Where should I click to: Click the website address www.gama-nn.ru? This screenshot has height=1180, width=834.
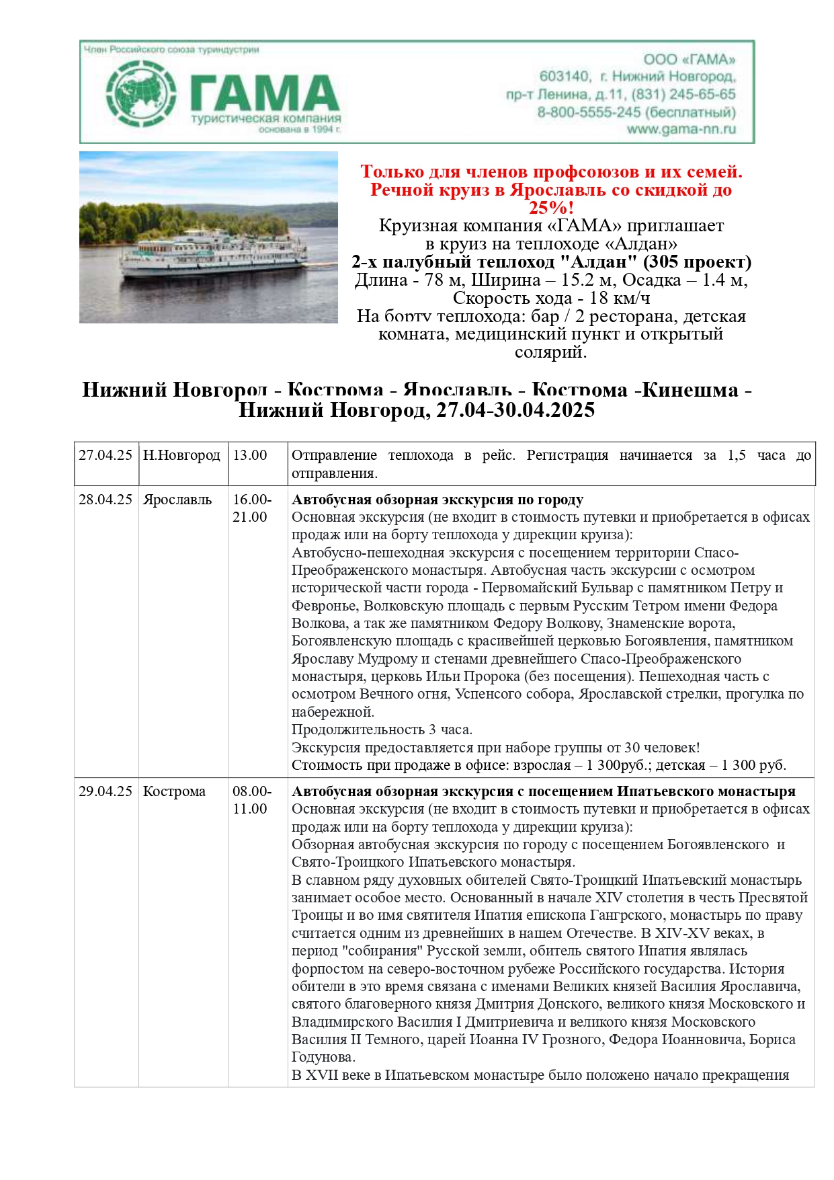(681, 129)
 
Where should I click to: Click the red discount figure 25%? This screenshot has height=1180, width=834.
(551, 208)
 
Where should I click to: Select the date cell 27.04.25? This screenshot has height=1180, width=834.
(106, 455)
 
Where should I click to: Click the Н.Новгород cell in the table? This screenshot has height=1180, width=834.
(181, 455)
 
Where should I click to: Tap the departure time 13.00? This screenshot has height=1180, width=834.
(250, 455)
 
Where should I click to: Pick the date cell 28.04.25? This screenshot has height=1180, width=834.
(106, 500)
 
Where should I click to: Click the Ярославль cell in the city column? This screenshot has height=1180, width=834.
(177, 500)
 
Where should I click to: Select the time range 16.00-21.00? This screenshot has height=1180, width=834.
(252, 508)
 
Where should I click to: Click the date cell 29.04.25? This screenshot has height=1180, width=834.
(106, 791)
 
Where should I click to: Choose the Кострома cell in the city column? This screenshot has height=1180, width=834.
(174, 791)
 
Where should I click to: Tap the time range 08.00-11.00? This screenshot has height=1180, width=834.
(252, 800)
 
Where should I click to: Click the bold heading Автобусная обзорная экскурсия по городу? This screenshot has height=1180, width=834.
(437, 500)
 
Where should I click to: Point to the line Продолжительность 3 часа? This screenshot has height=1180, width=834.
(382, 730)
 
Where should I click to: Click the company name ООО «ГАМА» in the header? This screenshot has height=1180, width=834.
(689, 59)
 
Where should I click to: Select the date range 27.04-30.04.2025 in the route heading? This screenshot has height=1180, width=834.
(515, 409)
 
